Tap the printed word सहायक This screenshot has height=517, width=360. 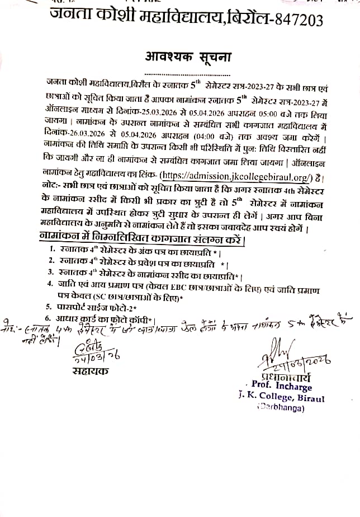[x=90, y=370]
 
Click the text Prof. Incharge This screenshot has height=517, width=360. [x=280, y=384]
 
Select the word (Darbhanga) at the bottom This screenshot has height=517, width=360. [x=281, y=408]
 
